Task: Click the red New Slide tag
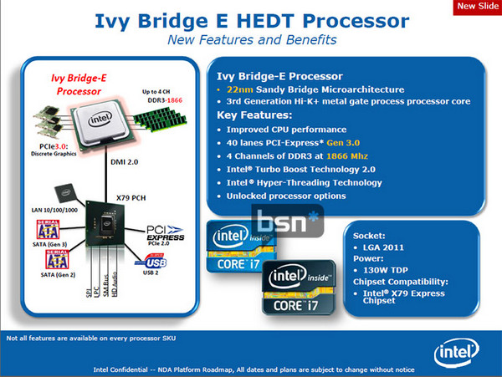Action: pyautogui.click(x=477, y=8)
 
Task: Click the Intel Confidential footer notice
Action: pyautogui.click(x=251, y=369)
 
